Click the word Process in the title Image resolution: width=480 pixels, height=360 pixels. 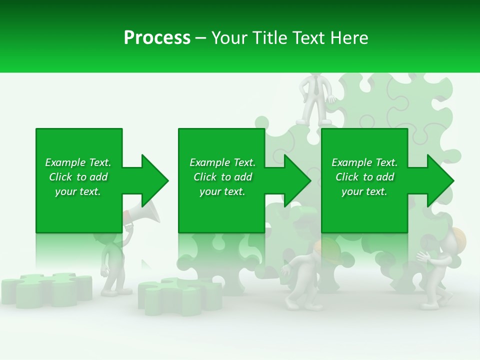pyautogui.click(x=157, y=38)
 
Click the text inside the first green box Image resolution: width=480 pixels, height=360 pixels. pyautogui.click(x=78, y=177)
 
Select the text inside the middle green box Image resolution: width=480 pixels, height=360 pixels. pyautogui.click(x=222, y=177)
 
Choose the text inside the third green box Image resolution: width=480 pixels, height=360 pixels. pyautogui.click(x=364, y=177)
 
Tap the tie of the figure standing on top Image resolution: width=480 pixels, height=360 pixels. pyautogui.click(x=316, y=86)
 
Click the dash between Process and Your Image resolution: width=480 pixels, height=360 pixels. pyautogui.click(x=201, y=38)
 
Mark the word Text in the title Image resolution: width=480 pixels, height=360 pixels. pyautogui.click(x=307, y=38)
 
